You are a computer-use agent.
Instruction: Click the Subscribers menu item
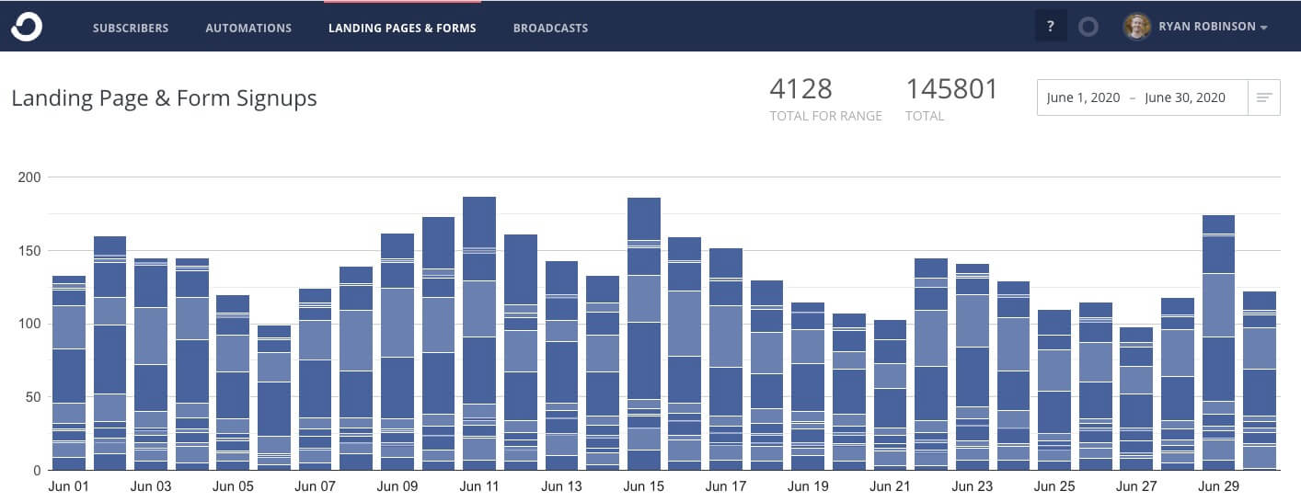[x=131, y=28]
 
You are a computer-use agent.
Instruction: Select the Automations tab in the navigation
[x=248, y=28]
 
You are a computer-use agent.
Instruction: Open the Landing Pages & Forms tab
[x=402, y=28]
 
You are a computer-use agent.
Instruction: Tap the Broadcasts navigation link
[x=550, y=28]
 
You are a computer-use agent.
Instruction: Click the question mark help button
[x=1050, y=27]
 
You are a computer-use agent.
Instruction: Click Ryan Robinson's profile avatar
[x=1137, y=27]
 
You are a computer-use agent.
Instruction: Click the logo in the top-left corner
[x=27, y=27]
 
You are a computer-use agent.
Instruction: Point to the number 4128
[x=800, y=89]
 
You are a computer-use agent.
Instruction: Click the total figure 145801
[x=951, y=89]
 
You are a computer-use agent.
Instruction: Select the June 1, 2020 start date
[x=1083, y=97]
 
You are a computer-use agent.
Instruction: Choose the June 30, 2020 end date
[x=1185, y=97]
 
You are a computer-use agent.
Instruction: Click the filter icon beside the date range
[x=1264, y=97]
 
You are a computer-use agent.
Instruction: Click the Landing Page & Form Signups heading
[x=164, y=98]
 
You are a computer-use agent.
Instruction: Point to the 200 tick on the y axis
[x=30, y=177]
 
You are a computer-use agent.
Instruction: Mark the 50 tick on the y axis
[x=34, y=397]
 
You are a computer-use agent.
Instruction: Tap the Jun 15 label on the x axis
[x=643, y=486]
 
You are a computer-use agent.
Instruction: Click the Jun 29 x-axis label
[x=1218, y=486]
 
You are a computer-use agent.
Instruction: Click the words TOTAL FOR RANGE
[x=825, y=116]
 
